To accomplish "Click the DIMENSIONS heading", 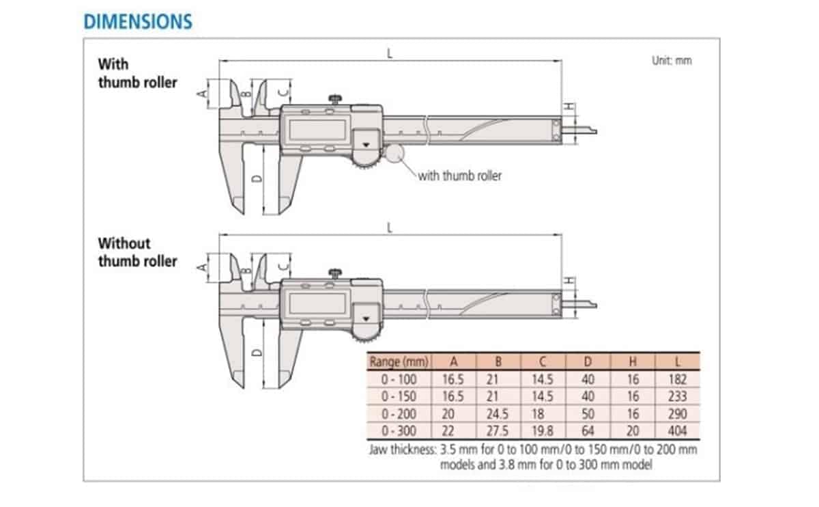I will (x=138, y=21).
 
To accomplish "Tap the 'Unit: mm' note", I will (x=672, y=61).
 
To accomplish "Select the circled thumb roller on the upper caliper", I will (x=395, y=152).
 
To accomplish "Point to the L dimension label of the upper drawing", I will (x=390, y=53).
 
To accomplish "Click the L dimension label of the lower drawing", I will (x=390, y=228).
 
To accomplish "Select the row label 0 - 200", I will (x=397, y=414).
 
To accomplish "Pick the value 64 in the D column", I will (x=587, y=431).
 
